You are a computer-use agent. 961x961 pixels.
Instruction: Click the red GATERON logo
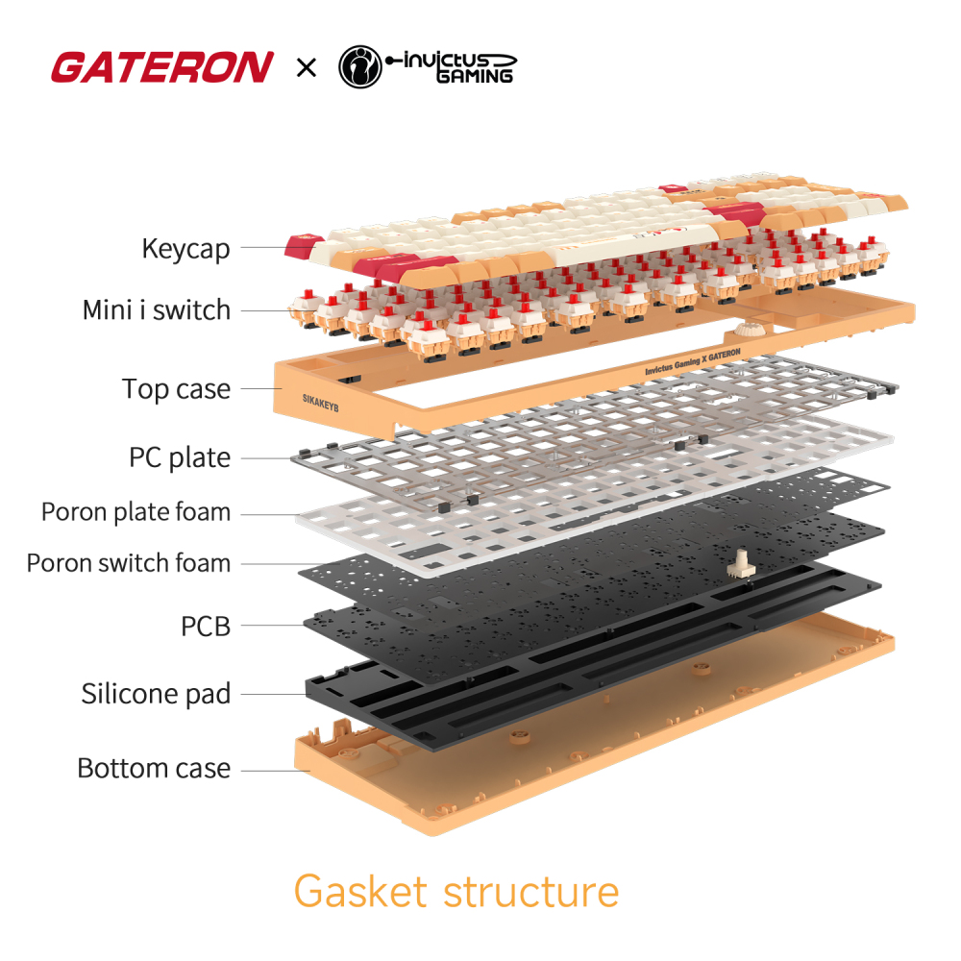click(x=161, y=68)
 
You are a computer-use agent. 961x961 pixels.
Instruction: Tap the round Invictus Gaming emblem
click(x=360, y=67)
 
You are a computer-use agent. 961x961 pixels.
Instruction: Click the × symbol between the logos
click(x=306, y=68)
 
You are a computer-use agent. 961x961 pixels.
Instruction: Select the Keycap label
click(x=185, y=249)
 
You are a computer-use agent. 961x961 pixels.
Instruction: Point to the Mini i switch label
click(x=156, y=310)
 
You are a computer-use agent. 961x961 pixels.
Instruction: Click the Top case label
click(x=176, y=389)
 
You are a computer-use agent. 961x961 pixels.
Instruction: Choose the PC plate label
click(x=180, y=457)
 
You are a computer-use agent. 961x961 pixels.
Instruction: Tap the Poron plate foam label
click(x=136, y=512)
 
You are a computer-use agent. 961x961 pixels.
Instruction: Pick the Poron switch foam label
click(x=129, y=562)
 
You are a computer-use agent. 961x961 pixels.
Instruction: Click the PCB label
click(x=206, y=627)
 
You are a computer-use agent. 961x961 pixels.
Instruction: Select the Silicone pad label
click(x=156, y=694)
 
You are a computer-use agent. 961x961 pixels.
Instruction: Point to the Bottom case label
click(x=154, y=769)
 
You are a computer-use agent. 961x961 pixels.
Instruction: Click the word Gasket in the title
click(x=360, y=892)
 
